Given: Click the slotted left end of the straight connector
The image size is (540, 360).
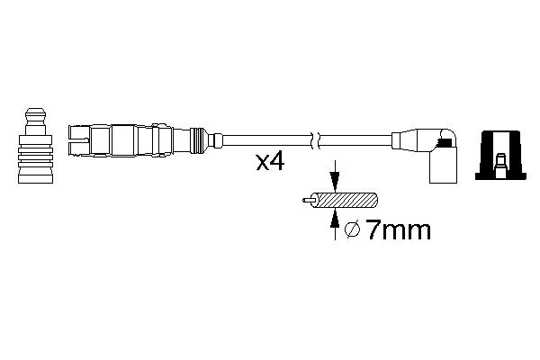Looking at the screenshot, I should point(80,140).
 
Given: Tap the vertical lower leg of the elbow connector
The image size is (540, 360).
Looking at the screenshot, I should point(444,168).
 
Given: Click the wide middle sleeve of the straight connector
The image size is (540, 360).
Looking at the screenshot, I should point(125,140).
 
